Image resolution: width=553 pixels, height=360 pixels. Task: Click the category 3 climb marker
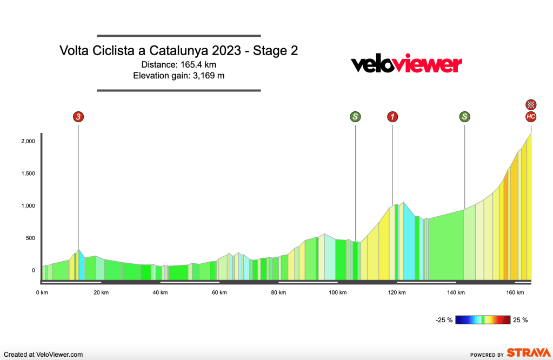pyautogui.click(x=78, y=116)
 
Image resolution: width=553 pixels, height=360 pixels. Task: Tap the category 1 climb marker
pyautogui.click(x=392, y=116)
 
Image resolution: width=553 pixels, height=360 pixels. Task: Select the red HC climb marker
pyautogui.click(x=531, y=116)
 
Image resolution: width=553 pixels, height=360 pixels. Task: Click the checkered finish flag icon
pyautogui.click(x=531, y=104)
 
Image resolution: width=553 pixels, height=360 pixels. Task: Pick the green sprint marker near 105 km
pyautogui.click(x=355, y=116)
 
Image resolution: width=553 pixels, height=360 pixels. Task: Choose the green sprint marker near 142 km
pyautogui.click(x=464, y=116)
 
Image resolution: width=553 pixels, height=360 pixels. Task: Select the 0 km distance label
pyautogui.click(x=41, y=292)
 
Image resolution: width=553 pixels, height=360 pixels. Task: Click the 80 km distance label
pyautogui.click(x=278, y=292)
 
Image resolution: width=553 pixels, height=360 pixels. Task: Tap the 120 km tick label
pyautogui.click(x=397, y=292)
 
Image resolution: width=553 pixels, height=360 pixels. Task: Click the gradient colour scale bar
pyautogui.click(x=483, y=320)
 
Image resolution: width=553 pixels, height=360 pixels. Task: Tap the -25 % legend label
pyautogui.click(x=444, y=320)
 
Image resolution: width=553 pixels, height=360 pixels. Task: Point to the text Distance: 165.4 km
pyautogui.click(x=179, y=64)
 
